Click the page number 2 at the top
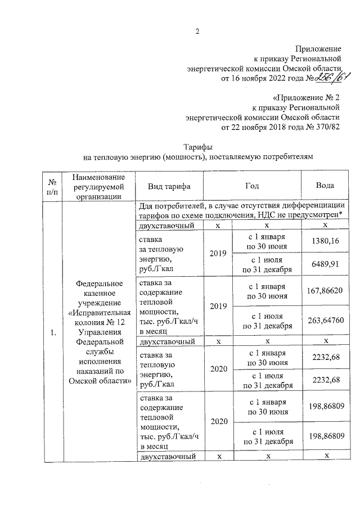point(197,31)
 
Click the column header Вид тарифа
point(169,186)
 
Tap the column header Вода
point(326,186)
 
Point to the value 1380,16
point(326,241)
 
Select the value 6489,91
point(326,265)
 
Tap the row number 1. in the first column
point(53,333)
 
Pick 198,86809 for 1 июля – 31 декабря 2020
point(326,436)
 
